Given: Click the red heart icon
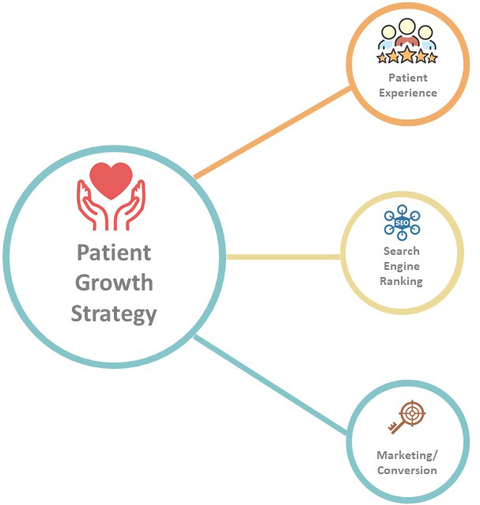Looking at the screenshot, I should click(x=111, y=181).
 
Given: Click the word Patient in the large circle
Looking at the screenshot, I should click(x=114, y=252).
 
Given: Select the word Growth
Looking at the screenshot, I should click(x=114, y=283).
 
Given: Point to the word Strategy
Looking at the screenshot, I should click(x=114, y=313).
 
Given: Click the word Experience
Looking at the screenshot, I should click(x=407, y=93).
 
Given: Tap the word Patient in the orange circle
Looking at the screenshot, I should click(x=407, y=78).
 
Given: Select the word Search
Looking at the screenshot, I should click(x=401, y=252).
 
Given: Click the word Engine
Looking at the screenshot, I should click(x=401, y=267).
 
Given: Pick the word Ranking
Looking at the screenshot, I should click(x=401, y=281).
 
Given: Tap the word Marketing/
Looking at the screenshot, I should click(x=406, y=455).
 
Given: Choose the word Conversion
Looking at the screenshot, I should click(x=406, y=470).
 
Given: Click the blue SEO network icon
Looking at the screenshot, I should click(x=401, y=223).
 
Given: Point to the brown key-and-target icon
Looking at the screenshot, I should click(x=406, y=417).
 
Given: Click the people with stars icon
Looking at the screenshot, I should click(x=406, y=44).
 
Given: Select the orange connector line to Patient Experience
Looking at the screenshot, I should click(x=273, y=132).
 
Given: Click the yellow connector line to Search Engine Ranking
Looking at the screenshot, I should click(x=283, y=257).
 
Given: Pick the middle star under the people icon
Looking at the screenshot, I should click(x=406, y=55).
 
